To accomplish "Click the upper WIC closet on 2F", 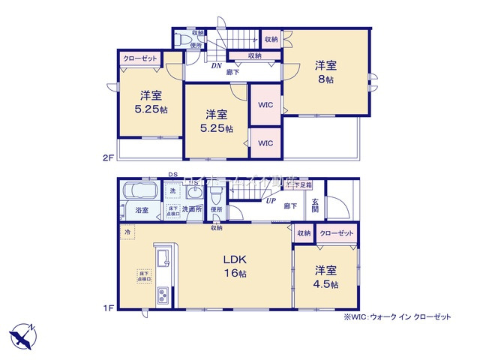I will point(265,105).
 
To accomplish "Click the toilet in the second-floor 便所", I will point(196,35).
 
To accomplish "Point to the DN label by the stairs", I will point(215,66).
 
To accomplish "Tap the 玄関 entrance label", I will point(316,205).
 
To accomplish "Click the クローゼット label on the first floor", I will point(335,233).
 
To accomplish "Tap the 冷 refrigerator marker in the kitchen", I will point(127,232).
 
